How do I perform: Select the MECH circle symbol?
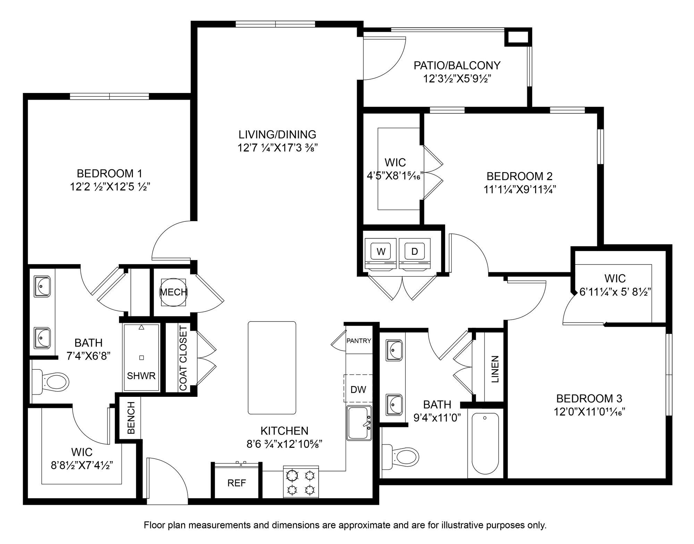coord(173,292)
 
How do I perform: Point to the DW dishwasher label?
coord(358,390)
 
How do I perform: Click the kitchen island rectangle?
coord(272,368)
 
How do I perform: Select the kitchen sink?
coord(359,423)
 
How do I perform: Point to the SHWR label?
coord(141,376)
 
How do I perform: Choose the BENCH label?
coord(131,418)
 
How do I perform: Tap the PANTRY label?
coord(359,341)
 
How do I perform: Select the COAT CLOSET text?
coord(183,358)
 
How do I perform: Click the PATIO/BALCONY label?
coord(457,65)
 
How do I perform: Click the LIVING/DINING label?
coord(277,134)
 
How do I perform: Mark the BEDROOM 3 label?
coord(589,398)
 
